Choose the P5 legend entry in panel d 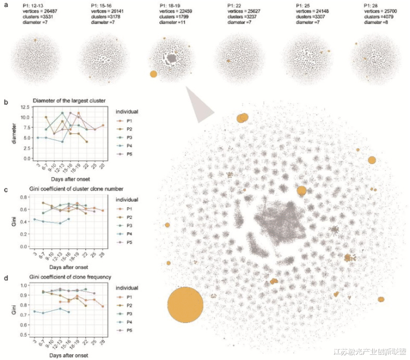click(128, 331)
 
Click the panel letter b click(5, 103)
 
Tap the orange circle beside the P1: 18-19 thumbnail click(153, 74)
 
